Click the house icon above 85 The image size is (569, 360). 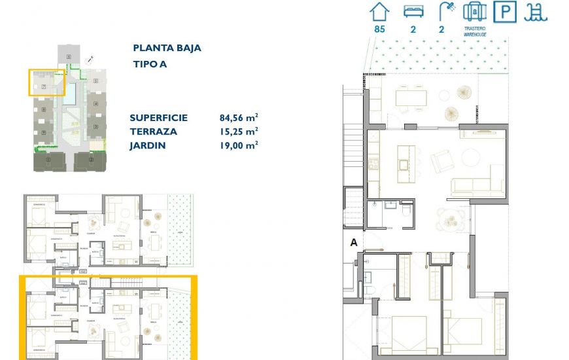pos(379,12)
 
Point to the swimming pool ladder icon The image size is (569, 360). pos(539,12)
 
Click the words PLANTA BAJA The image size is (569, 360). pos(167,48)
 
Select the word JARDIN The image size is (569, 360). pos(147,145)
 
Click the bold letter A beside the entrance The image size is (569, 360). pos(354,242)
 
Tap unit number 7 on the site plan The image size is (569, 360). pos(43,86)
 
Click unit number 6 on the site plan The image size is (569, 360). pos(68,58)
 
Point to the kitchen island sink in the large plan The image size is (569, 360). pos(404,163)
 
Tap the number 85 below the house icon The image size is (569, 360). pos(379,29)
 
